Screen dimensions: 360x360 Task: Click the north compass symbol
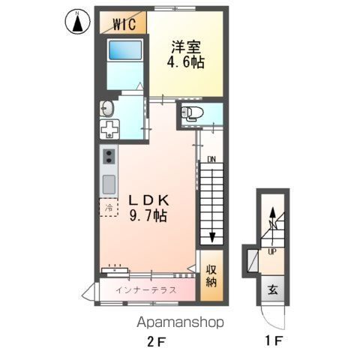pos(77,22)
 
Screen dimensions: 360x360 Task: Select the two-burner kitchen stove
pos(109,157)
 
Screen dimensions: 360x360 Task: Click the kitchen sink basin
pos(109,183)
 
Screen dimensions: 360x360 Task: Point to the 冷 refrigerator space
pos(109,207)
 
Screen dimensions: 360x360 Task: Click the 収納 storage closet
pos(211,275)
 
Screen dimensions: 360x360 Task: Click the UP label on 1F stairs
pos(272,252)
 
